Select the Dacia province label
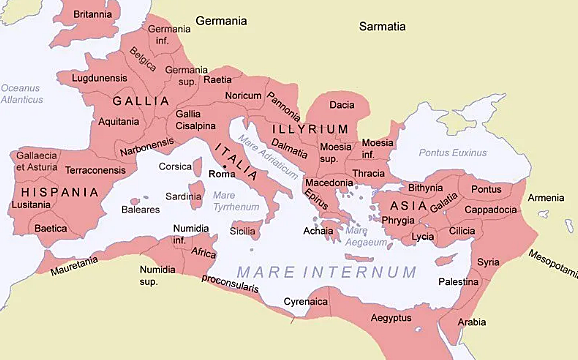(x=342, y=105)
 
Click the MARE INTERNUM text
(x=326, y=272)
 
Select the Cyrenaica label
(x=305, y=301)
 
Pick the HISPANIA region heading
(x=39, y=189)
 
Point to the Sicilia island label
(x=243, y=231)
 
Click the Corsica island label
(x=175, y=167)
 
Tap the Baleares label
(x=141, y=210)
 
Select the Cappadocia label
(x=489, y=210)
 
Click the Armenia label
(x=546, y=198)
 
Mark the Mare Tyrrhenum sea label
(x=239, y=201)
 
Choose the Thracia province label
(x=368, y=174)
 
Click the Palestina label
(x=458, y=282)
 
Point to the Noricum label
(x=243, y=96)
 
